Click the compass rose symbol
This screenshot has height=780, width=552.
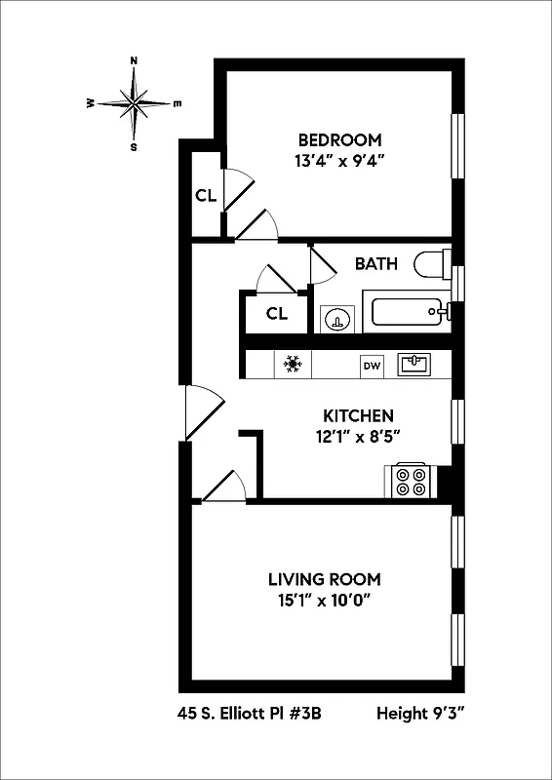[x=135, y=102]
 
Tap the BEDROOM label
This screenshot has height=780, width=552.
[x=339, y=139]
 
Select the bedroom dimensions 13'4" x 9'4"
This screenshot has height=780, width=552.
[x=339, y=162]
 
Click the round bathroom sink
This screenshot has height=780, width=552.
[x=336, y=318]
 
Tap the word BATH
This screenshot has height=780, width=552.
[x=375, y=263]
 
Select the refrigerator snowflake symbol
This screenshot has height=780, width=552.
[x=291, y=365]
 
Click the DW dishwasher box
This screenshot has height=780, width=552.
[x=372, y=366]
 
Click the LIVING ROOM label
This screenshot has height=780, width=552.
[x=325, y=578]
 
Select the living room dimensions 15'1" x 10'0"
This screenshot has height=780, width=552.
[x=325, y=601]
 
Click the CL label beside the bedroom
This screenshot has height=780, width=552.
[x=205, y=195]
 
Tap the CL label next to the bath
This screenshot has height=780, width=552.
[x=277, y=314]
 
